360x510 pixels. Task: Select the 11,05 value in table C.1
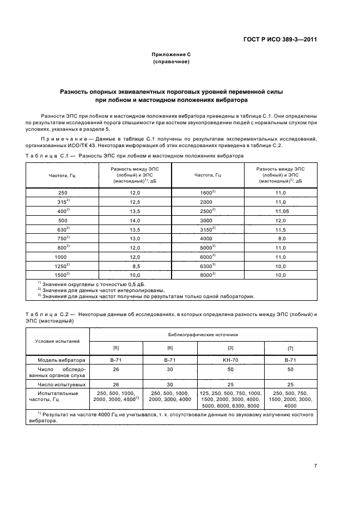(x=281, y=211)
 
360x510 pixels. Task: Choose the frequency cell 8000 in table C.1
(x=207, y=276)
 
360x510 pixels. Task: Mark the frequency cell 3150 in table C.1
(x=207, y=229)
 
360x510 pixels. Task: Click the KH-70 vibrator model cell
(x=230, y=360)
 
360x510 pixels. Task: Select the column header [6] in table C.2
(x=170, y=348)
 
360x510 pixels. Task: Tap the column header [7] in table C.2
(x=290, y=348)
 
